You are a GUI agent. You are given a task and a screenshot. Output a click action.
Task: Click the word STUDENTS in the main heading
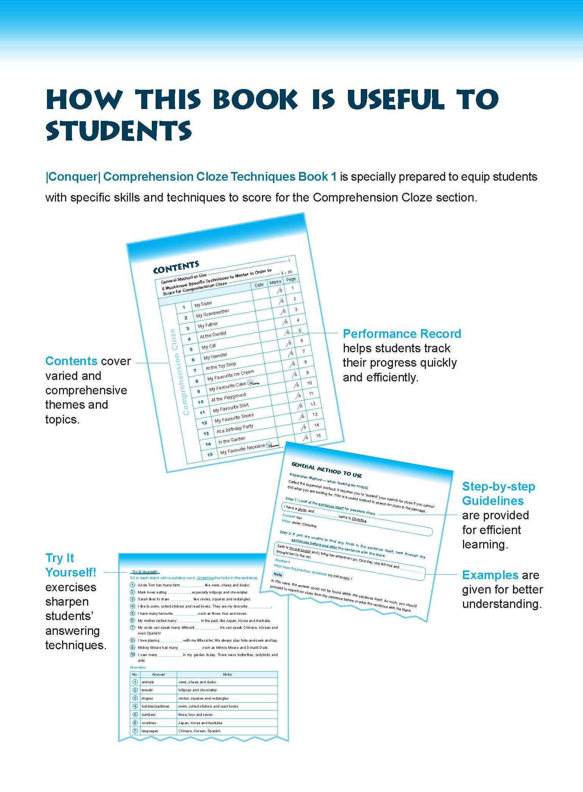pyautogui.click(x=118, y=131)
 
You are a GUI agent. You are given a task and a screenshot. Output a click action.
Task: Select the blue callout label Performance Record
pyautogui.click(x=402, y=334)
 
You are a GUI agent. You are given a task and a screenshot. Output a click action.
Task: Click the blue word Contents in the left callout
pyautogui.click(x=71, y=361)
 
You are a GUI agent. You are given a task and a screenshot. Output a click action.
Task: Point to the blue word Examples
pyautogui.click(x=490, y=575)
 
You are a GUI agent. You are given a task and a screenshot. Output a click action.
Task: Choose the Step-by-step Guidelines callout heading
pyautogui.click(x=499, y=494)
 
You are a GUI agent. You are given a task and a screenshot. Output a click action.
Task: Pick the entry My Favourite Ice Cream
pyautogui.click(x=231, y=376)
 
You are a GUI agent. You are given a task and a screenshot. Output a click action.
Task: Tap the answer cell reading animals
pyautogui.click(x=148, y=682)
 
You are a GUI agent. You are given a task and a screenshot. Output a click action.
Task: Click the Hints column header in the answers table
pyautogui.click(x=227, y=674)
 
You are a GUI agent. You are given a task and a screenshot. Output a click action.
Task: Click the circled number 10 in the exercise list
pyautogui.click(x=132, y=655)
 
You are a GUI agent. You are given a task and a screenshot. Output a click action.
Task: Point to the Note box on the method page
pyautogui.click(x=278, y=574)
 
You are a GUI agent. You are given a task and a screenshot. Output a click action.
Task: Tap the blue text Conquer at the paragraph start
pyautogui.click(x=72, y=177)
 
